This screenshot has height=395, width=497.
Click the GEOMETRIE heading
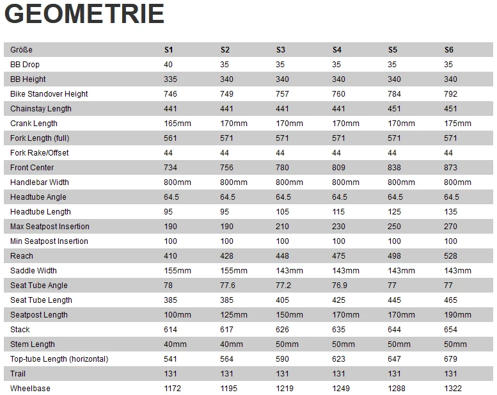(x=84, y=14)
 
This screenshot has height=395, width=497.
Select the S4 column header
(x=337, y=50)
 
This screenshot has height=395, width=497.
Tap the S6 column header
(x=449, y=50)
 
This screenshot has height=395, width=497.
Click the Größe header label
(x=21, y=50)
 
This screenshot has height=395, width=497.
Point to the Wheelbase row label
(x=30, y=389)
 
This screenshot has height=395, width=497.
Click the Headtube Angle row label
(x=38, y=197)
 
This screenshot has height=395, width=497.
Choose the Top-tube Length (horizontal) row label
(x=59, y=359)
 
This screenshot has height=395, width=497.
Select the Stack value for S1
(x=170, y=330)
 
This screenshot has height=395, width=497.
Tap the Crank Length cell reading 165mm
(x=177, y=124)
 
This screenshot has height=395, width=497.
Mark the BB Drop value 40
(x=168, y=65)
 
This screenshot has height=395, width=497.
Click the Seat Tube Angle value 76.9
(x=340, y=286)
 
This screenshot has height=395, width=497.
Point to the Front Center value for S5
(x=394, y=168)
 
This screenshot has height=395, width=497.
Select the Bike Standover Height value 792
(x=450, y=94)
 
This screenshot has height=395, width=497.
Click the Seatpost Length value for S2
(x=233, y=315)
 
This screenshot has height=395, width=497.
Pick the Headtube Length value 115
(x=338, y=212)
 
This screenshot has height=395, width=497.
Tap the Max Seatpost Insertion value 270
(x=450, y=227)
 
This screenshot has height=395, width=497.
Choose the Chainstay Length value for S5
(x=394, y=109)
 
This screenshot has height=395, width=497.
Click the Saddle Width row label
(x=33, y=271)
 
